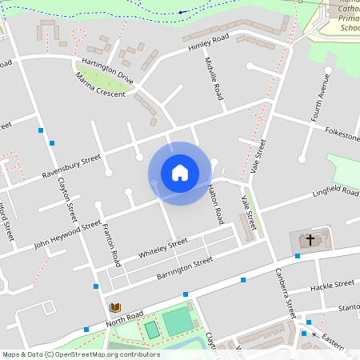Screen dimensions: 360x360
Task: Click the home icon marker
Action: (180, 172)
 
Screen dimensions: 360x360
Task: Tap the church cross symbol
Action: (310, 239)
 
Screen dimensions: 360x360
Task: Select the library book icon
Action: (115, 307)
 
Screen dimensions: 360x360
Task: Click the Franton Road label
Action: (110, 245)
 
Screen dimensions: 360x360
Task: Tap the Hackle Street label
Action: (332, 284)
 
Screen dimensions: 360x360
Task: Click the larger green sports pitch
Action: (177, 322)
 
